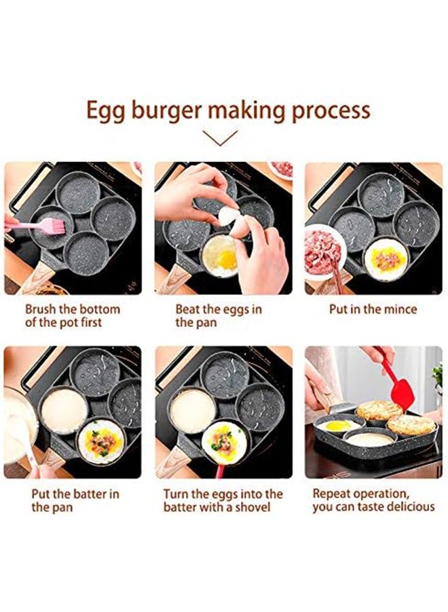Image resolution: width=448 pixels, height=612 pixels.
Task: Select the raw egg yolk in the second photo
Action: pos(226,259)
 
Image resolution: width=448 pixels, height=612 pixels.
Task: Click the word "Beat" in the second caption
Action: pos(188,309)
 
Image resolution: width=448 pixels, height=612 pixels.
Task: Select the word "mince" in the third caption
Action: pos(400,309)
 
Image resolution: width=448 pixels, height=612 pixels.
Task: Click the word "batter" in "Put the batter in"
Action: pos(83,494)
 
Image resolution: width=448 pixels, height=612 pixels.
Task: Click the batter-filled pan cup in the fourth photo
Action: pos(64,410)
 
